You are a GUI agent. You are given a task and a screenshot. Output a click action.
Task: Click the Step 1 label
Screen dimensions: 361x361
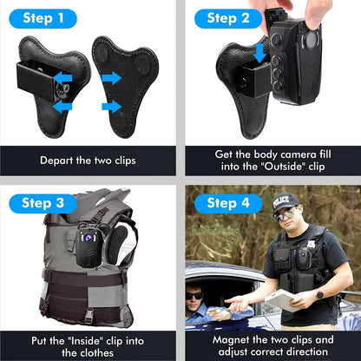(x=38, y=18)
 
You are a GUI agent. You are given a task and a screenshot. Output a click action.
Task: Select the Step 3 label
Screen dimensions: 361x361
(x=38, y=204)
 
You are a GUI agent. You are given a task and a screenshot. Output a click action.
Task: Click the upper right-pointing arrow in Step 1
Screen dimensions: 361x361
(x=110, y=78)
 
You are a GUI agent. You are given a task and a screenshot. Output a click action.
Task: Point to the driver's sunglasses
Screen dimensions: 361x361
(x=195, y=296)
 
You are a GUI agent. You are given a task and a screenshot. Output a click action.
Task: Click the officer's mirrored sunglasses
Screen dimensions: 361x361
(x=284, y=213)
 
